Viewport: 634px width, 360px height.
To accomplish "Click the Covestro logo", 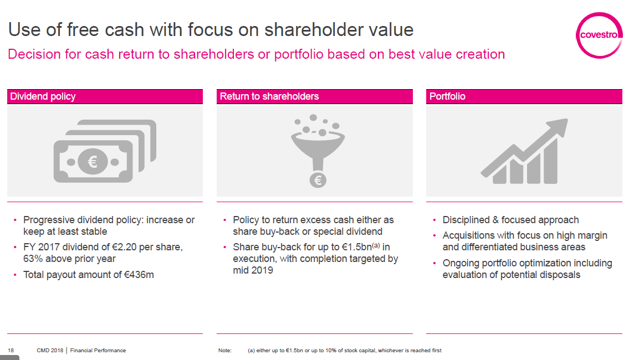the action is [599, 35].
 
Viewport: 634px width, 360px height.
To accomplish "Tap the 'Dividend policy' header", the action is [43, 96].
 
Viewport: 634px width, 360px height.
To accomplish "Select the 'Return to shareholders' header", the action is [269, 96].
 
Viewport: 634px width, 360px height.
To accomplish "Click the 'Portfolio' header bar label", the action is [447, 96].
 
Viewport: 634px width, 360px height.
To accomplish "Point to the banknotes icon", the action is [105, 151].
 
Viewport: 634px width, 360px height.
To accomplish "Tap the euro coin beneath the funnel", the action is [318, 180].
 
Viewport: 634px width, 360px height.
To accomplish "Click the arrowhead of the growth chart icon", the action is [557, 128].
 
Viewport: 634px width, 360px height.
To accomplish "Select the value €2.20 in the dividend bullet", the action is [124, 247].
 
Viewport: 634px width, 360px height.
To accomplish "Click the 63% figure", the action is [33, 259].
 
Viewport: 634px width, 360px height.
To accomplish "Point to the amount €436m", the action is [139, 275].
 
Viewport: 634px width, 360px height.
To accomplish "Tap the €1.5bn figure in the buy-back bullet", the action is [357, 247].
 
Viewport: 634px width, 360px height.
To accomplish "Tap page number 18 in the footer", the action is [11, 350].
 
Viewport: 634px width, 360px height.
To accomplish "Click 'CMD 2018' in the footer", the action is [50, 350].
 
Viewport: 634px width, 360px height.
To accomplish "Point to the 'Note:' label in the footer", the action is [225, 350].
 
